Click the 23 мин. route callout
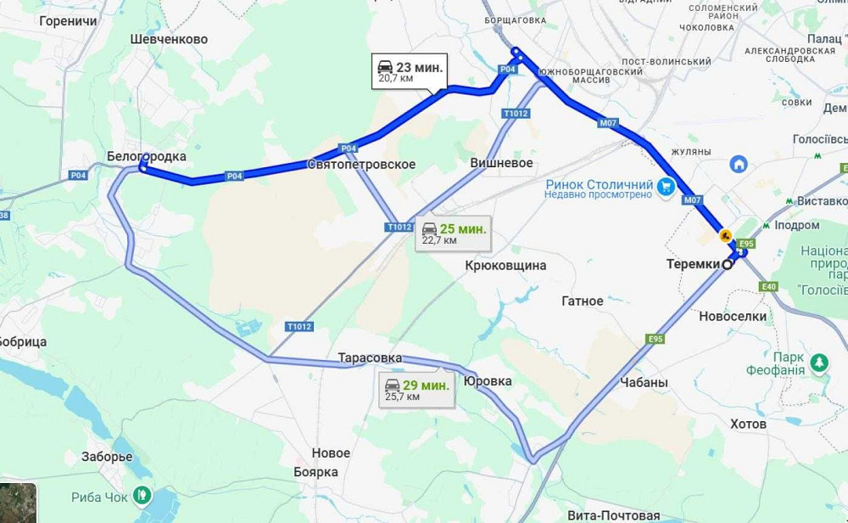(x=409, y=71)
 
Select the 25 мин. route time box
(x=454, y=233)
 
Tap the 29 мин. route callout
(x=416, y=390)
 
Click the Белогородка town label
(x=147, y=156)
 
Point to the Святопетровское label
(x=361, y=164)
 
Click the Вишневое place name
(x=501, y=162)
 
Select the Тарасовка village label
(x=370, y=358)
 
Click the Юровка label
(x=488, y=381)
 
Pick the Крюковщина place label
(x=505, y=266)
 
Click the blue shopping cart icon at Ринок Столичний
(x=667, y=185)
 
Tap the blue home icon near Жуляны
(x=739, y=163)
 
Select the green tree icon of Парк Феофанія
(x=819, y=363)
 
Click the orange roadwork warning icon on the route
(x=725, y=234)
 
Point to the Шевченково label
(x=170, y=39)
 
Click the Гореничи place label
(x=68, y=20)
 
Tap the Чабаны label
(x=644, y=383)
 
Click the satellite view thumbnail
(x=18, y=503)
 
